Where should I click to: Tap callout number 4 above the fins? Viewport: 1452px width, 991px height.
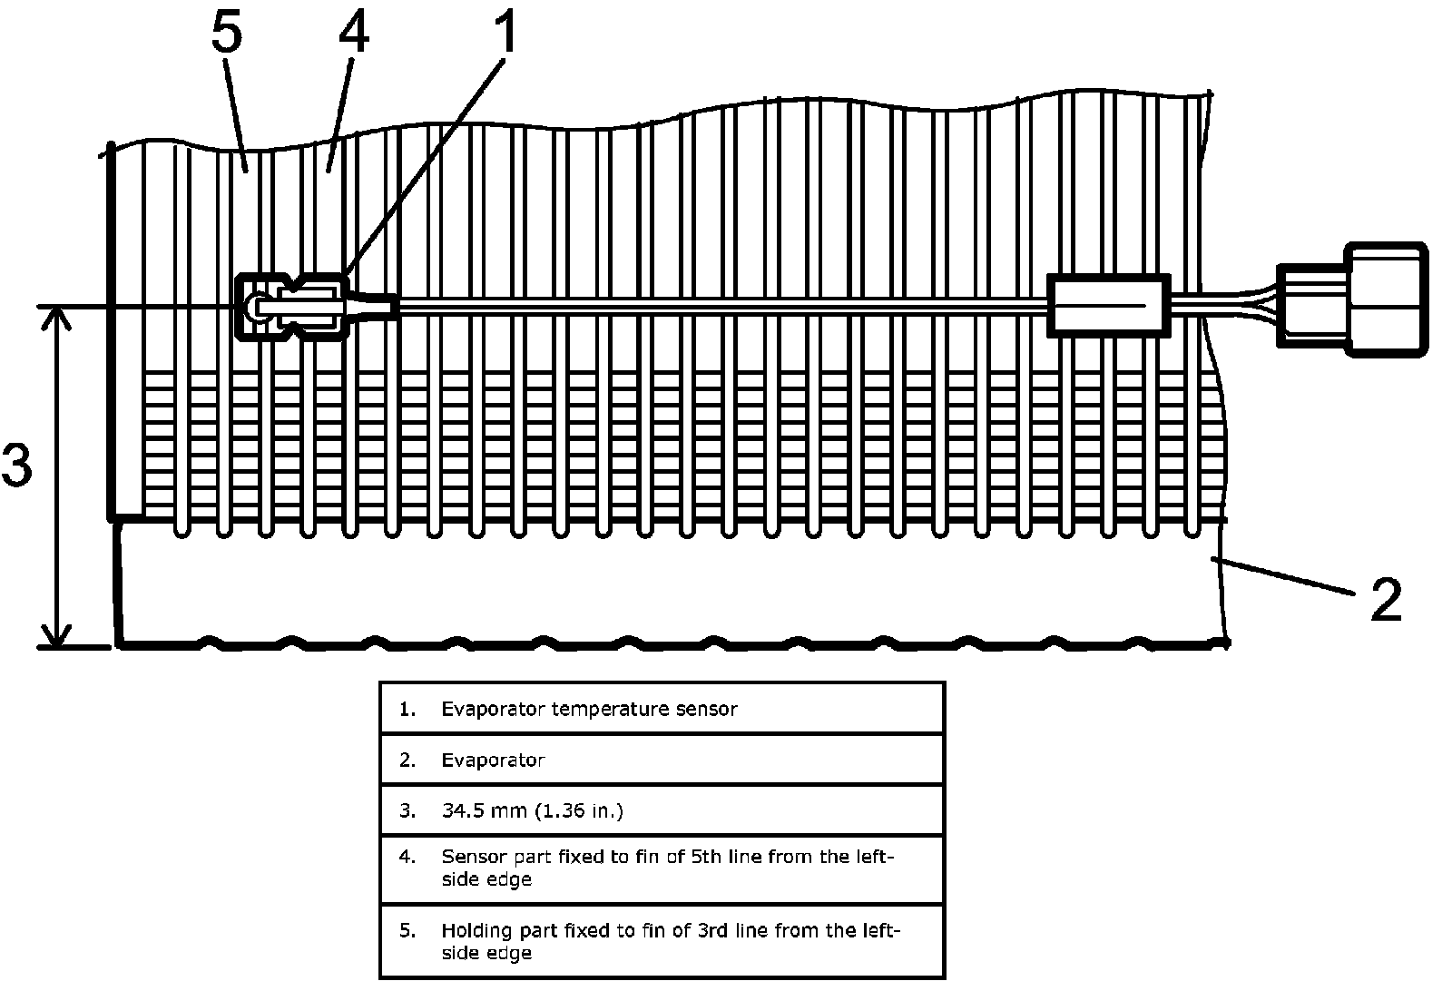[354, 31]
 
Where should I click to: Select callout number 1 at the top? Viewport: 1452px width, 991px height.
[505, 31]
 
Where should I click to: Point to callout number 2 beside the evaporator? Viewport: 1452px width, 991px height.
[1387, 599]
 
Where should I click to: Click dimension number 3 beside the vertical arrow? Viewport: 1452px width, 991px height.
[17, 465]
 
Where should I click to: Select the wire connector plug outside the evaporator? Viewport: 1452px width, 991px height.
[1353, 299]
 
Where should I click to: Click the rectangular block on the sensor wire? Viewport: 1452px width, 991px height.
[1109, 306]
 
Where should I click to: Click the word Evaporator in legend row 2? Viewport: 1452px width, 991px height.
[493, 760]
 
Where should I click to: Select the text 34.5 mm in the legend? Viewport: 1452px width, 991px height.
[484, 810]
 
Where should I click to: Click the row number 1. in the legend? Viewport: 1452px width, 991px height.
[407, 709]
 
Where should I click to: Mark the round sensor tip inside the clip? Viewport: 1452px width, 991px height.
[253, 305]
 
